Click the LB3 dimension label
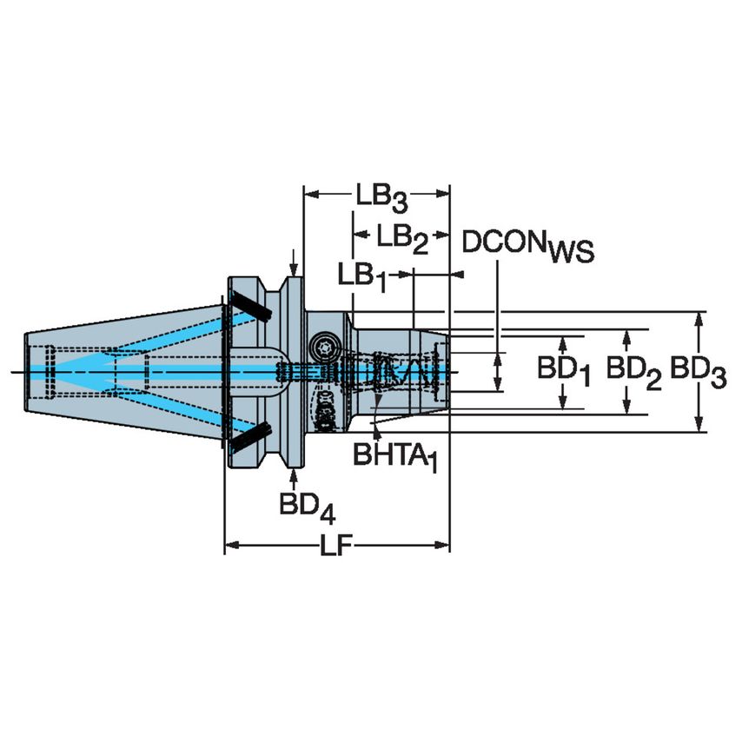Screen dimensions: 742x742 click(x=381, y=198)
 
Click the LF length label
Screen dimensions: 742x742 click(x=337, y=547)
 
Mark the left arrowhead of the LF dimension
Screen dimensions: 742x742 click(x=230, y=547)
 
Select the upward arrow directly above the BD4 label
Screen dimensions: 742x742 click(x=295, y=474)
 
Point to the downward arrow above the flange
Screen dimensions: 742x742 click(x=295, y=267)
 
